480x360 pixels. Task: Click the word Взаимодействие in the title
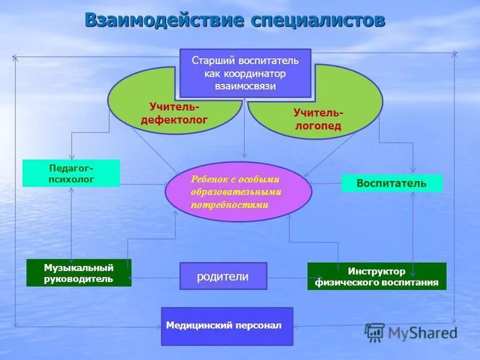point(164,20)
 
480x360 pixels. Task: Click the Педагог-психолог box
point(71,173)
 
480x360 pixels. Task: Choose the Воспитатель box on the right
point(392,183)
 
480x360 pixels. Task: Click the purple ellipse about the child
point(238,191)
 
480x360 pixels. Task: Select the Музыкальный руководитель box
point(79,273)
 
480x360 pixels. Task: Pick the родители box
point(223,276)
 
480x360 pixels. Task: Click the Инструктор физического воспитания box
point(377,277)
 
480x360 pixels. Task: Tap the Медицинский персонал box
point(227,326)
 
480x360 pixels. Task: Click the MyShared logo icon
point(375,332)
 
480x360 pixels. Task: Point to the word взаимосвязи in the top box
point(245,86)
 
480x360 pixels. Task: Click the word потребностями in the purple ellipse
point(229,205)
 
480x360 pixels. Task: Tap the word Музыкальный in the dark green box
point(79,268)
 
